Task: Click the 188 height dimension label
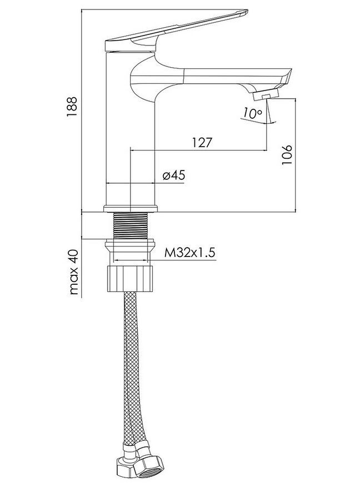point(72,107)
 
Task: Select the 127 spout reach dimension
point(202,143)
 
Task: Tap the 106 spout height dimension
point(287,155)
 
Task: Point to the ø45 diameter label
point(174,175)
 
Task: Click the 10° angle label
point(252,113)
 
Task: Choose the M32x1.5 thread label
point(189,253)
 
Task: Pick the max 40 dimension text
point(74,272)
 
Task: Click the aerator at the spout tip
point(266,95)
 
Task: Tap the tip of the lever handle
point(246,12)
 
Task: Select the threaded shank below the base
point(131,225)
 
